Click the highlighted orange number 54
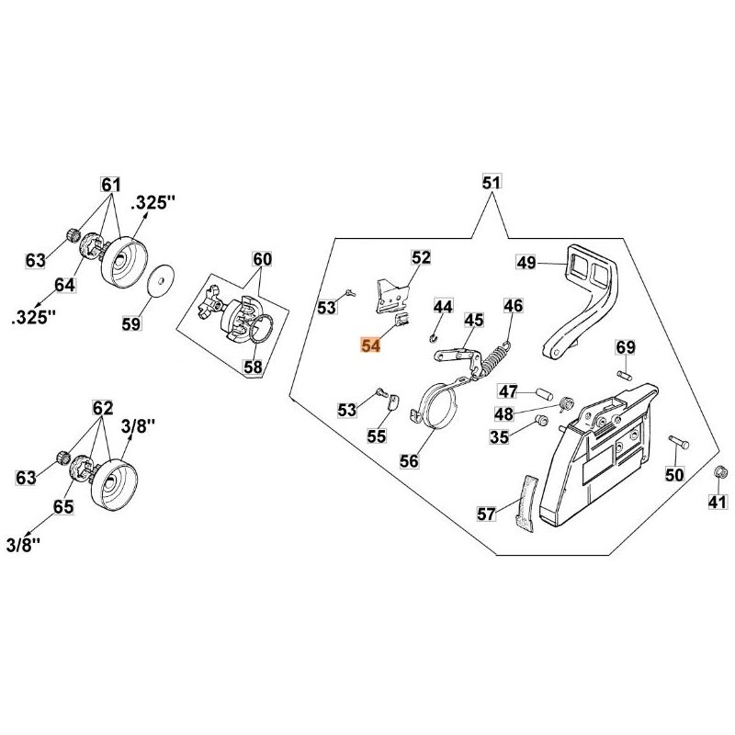coord(371,345)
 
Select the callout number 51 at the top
coord(491,184)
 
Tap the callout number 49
coord(526,264)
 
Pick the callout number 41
coord(718,502)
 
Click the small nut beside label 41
coord(720,473)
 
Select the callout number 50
coord(675,474)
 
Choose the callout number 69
coord(626,347)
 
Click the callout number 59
coord(132,323)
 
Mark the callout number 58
coord(252,367)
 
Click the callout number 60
coord(263,259)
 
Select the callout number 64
coord(63,285)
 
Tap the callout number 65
coord(63,505)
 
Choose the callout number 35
coord(499,437)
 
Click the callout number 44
coord(443,306)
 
